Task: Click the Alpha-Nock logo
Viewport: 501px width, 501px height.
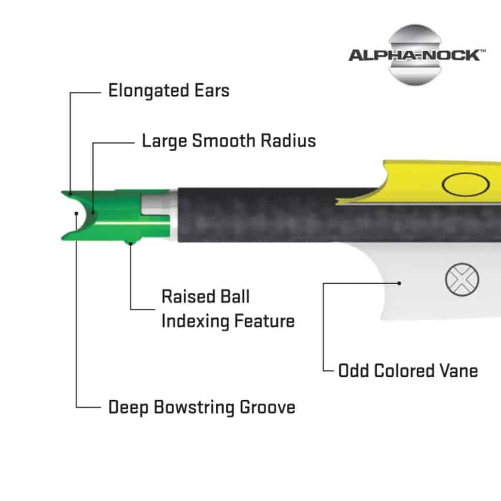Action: [417, 55]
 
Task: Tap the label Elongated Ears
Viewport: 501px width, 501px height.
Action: [169, 91]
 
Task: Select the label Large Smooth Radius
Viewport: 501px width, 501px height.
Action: [229, 141]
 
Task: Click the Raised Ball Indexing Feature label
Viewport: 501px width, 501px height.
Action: [228, 308]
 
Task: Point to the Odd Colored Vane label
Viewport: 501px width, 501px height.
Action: [408, 371]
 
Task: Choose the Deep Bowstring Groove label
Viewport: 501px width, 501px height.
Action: [202, 407]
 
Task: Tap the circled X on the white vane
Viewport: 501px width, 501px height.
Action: [462, 279]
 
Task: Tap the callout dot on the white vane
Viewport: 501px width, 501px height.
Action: [400, 283]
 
